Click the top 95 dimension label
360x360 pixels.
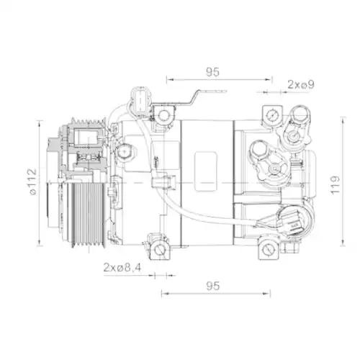[x=212, y=72]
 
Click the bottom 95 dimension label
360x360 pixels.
[x=212, y=286]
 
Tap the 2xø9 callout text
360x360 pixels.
[x=301, y=84]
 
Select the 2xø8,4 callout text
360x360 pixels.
[x=122, y=267]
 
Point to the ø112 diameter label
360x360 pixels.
[x=32, y=181]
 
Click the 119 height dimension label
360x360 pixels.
[x=335, y=185]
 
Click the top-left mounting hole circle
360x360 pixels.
[x=163, y=115]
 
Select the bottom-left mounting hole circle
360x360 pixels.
[x=159, y=251]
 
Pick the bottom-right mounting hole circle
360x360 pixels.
[x=268, y=251]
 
